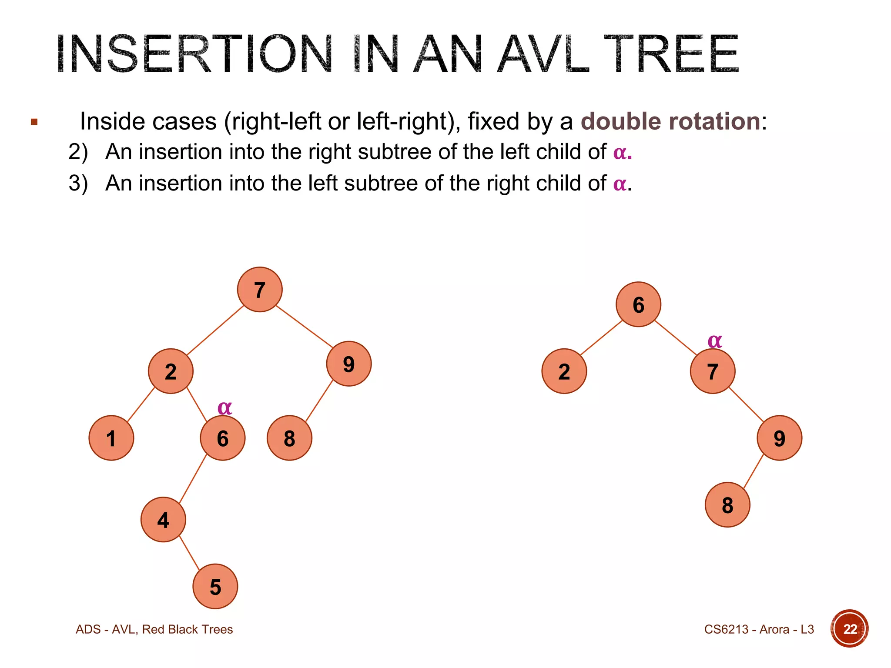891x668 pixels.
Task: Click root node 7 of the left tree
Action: [x=260, y=290]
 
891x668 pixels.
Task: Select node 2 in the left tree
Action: [x=171, y=371]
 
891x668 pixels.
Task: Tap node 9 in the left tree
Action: [x=348, y=364]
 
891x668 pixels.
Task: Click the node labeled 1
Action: [x=111, y=438]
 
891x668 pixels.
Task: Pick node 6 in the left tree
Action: [x=222, y=438]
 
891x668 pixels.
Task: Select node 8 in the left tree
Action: [x=289, y=438]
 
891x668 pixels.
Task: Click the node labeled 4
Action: [x=163, y=520]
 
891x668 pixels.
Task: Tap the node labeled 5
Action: [x=215, y=586]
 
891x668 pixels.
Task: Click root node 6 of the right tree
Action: [x=638, y=304]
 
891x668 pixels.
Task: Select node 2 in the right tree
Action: [x=564, y=371]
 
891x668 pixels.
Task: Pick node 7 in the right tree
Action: [x=712, y=371]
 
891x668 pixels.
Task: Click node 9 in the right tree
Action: [x=779, y=438]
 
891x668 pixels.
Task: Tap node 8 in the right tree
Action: [x=727, y=504]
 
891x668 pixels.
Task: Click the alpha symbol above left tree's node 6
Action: [x=224, y=408]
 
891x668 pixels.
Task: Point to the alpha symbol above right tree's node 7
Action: [x=715, y=341]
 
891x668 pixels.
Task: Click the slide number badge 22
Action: [x=849, y=628]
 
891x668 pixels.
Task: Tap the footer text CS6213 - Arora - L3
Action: [x=759, y=629]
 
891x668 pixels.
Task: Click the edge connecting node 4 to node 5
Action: [x=189, y=553]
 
